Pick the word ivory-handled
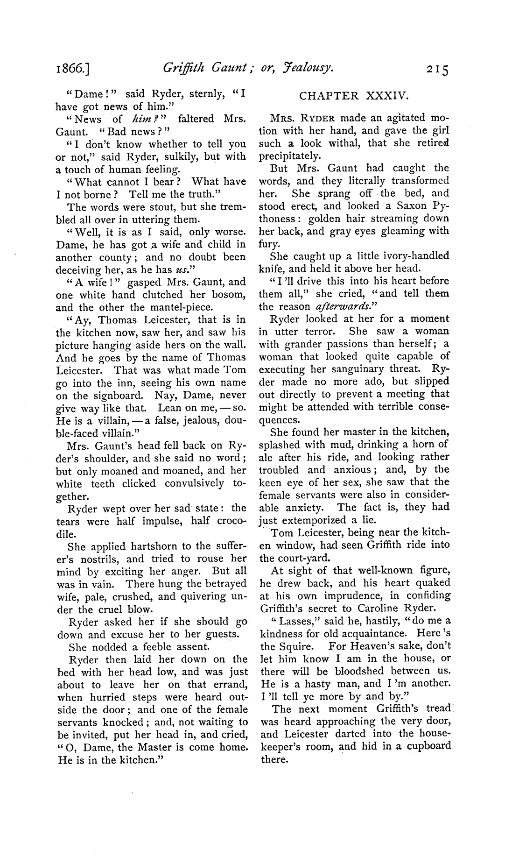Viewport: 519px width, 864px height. click(x=416, y=256)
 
